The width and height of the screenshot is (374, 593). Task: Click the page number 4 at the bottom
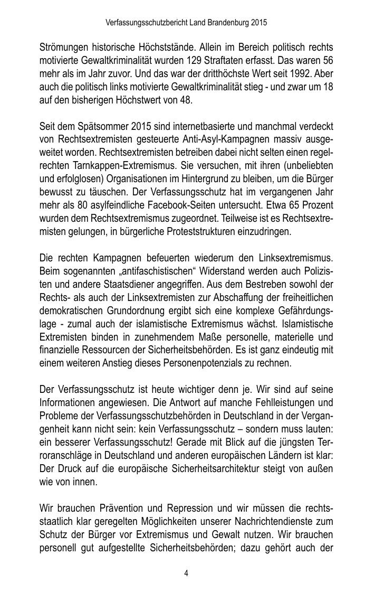(x=187, y=573)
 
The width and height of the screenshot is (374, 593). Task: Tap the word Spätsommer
(x=106, y=127)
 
